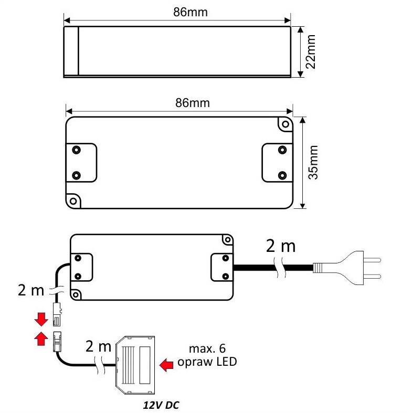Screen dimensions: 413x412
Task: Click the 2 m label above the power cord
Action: pyautogui.click(x=280, y=246)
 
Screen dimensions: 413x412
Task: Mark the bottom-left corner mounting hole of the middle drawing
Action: pyautogui.click(x=72, y=200)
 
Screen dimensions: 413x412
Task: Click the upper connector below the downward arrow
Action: pyautogui.click(x=56, y=314)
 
